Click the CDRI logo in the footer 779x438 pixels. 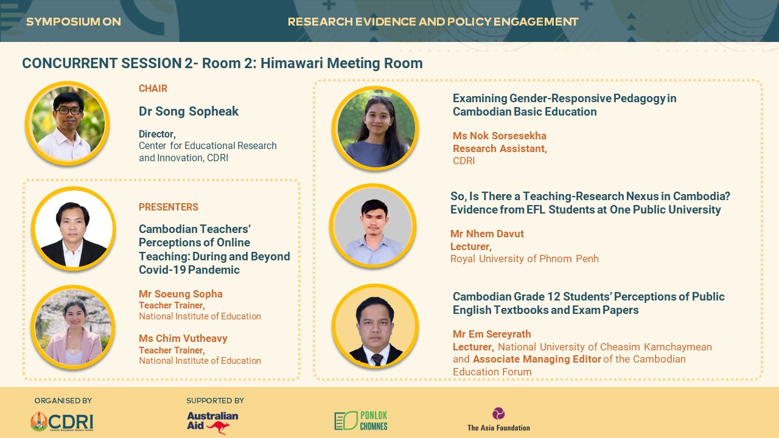[x=62, y=422]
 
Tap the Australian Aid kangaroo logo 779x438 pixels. [x=212, y=423]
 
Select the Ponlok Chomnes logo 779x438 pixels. [x=361, y=420]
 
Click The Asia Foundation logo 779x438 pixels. [x=498, y=420]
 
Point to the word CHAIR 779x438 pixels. [x=153, y=89]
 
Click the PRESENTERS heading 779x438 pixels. [x=169, y=207]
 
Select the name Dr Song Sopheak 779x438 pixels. [x=189, y=111]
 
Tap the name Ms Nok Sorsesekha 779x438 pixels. [x=500, y=136]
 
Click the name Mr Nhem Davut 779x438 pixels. [x=487, y=234]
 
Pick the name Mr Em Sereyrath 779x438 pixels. [x=492, y=334]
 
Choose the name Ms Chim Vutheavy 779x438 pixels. [x=183, y=338]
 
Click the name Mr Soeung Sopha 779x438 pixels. [x=181, y=294]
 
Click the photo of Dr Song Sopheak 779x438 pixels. [x=68, y=123]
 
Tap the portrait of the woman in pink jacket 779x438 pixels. [x=73, y=327]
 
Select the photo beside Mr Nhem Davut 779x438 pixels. [x=373, y=226]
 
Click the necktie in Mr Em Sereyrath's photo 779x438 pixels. [x=377, y=359]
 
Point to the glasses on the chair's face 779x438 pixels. [x=69, y=111]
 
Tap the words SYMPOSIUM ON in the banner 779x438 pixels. [x=74, y=22]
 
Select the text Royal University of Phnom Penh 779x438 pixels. [x=525, y=259]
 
